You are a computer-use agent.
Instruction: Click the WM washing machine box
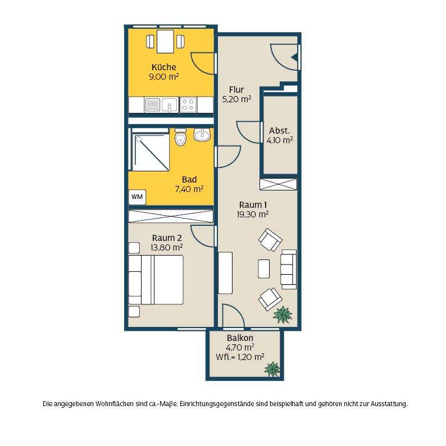click(x=137, y=197)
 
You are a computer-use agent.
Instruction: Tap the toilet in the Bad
click(x=180, y=137)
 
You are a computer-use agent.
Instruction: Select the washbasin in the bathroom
click(x=202, y=134)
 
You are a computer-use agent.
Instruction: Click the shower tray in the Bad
click(x=151, y=152)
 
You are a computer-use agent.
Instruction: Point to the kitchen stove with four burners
click(x=188, y=104)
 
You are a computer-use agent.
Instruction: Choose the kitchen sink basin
click(x=170, y=104)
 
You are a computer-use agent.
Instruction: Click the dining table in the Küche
click(x=165, y=42)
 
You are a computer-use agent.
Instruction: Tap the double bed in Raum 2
click(x=156, y=280)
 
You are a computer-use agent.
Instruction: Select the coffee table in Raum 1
click(x=263, y=268)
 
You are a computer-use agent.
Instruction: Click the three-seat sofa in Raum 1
click(x=289, y=269)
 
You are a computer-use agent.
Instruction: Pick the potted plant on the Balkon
click(x=272, y=369)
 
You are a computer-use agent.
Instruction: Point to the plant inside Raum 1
click(x=283, y=315)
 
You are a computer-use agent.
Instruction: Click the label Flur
click(x=236, y=90)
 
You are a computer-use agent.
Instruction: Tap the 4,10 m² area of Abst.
click(x=280, y=140)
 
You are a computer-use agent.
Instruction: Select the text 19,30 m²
click(x=253, y=214)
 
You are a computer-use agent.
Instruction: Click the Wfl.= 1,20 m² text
click(x=240, y=357)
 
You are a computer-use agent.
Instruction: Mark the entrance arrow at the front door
click(x=295, y=58)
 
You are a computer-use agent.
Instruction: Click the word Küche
click(x=164, y=67)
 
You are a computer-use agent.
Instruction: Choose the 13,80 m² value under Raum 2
click(x=167, y=248)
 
